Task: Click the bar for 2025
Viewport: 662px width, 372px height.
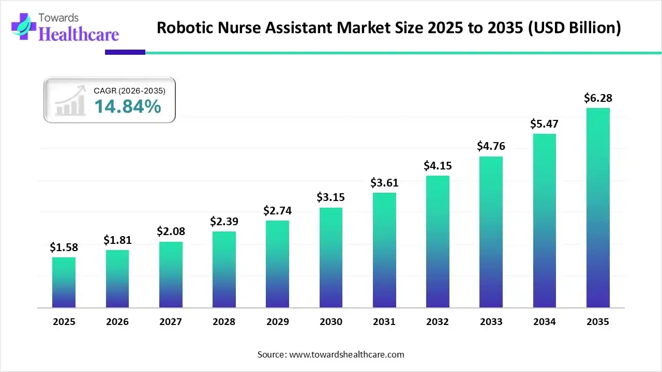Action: pos(64,283)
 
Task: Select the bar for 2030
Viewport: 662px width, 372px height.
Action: pos(331,258)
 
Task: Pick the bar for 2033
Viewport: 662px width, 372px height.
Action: pos(491,232)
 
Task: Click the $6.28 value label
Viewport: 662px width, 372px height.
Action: pos(598,98)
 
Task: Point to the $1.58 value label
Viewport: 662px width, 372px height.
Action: pos(64,247)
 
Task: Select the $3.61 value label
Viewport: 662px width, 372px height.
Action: pos(384,182)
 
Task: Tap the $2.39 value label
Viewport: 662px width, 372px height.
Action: pos(223,221)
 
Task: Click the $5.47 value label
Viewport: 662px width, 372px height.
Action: pos(544,124)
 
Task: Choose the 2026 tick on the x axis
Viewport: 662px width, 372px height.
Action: pos(117,322)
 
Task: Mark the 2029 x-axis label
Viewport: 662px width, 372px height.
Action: pos(277,322)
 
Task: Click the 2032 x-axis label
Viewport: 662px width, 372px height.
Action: pos(438,322)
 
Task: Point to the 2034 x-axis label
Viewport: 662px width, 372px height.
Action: pos(544,322)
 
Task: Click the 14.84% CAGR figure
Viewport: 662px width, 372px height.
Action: pos(127,106)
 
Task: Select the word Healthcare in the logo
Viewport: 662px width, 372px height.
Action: pos(79,34)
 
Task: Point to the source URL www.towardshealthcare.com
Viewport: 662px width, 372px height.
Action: pos(345,354)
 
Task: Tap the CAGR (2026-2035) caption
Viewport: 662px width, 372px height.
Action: pos(129,90)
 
